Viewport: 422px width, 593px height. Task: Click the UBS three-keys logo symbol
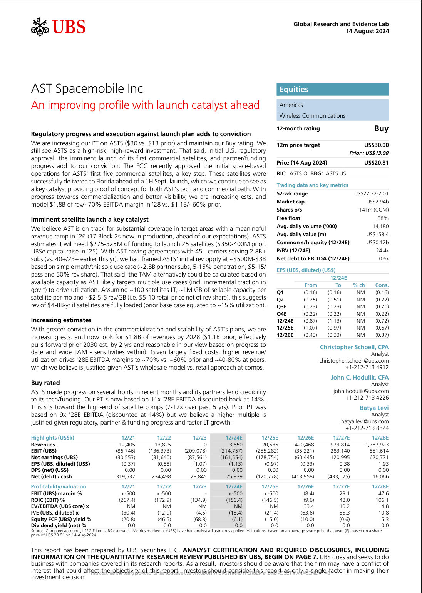pos(40,27)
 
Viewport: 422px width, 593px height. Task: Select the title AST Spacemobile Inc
pos(87,88)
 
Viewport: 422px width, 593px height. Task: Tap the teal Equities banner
pos(332,89)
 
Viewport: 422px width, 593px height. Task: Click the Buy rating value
pos(381,128)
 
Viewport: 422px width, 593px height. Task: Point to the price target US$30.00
pos(376,145)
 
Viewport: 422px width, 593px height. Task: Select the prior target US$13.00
pos(369,153)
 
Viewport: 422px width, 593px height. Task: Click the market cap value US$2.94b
pos(377,202)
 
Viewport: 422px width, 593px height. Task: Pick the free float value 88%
pos(383,218)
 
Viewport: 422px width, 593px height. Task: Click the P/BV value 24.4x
pos(382,250)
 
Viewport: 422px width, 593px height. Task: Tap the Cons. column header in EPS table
pos(382,285)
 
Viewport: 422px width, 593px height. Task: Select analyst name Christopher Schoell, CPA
pos(354,347)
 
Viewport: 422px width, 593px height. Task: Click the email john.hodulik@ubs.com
pos(361,391)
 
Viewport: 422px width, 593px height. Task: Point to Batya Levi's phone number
pos(367,428)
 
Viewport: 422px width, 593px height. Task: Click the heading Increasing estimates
pos(61,320)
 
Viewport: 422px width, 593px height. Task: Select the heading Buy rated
pos(45,383)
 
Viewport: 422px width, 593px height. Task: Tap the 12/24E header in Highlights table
pos(234,438)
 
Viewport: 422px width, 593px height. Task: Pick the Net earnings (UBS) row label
pos(54,457)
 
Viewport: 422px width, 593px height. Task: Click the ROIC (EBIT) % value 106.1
pos(382,500)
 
